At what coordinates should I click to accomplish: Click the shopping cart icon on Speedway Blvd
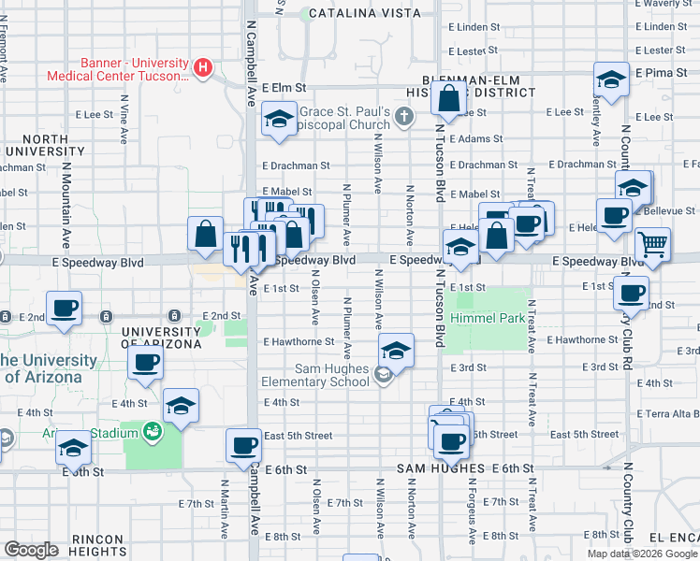[x=652, y=245]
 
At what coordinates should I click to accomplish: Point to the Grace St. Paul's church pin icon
[x=403, y=116]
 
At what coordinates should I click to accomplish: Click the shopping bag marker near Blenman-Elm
[x=450, y=97]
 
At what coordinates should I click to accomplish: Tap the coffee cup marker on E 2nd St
[x=65, y=308]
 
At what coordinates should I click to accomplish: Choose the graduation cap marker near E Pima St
[x=611, y=79]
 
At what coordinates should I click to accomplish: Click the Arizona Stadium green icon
[x=151, y=431]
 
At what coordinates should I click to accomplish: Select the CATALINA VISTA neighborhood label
[x=352, y=13]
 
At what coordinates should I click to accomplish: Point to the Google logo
[x=31, y=550]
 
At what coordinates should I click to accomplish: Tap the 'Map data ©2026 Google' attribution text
[x=641, y=554]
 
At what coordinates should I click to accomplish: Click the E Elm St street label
[x=284, y=87]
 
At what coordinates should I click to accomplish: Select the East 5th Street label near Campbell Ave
[x=298, y=435]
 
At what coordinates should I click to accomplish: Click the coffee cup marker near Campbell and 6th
[x=244, y=446]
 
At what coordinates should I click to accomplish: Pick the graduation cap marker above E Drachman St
[x=279, y=119]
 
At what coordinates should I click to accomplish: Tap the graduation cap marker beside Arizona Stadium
[x=181, y=406]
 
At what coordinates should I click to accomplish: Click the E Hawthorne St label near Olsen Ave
[x=299, y=342]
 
